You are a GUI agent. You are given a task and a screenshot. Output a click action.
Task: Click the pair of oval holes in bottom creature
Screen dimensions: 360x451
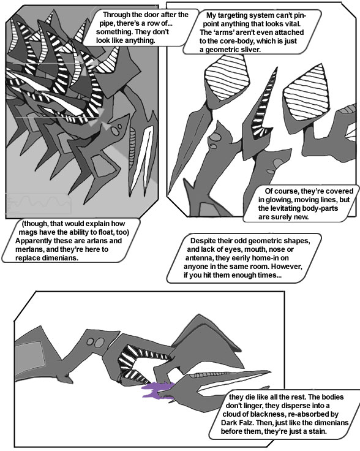coord(96,343)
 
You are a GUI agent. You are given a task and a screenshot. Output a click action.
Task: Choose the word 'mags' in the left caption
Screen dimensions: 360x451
coord(28,232)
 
